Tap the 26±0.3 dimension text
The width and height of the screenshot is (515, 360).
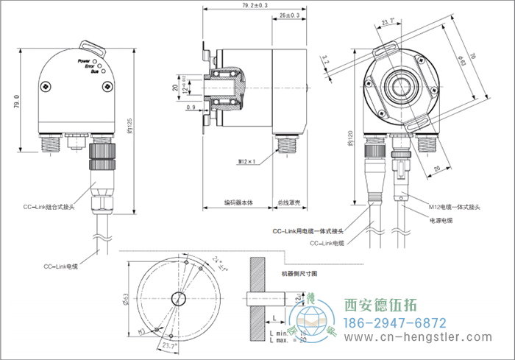[290, 15]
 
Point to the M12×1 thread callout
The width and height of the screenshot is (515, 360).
[247, 160]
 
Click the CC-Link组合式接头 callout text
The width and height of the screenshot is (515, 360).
[49, 208]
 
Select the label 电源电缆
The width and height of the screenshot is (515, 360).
[439, 220]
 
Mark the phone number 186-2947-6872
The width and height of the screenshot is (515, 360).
[396, 322]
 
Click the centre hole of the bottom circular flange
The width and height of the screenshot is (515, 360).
[177, 298]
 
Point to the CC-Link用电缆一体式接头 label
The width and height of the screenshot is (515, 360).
[309, 231]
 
